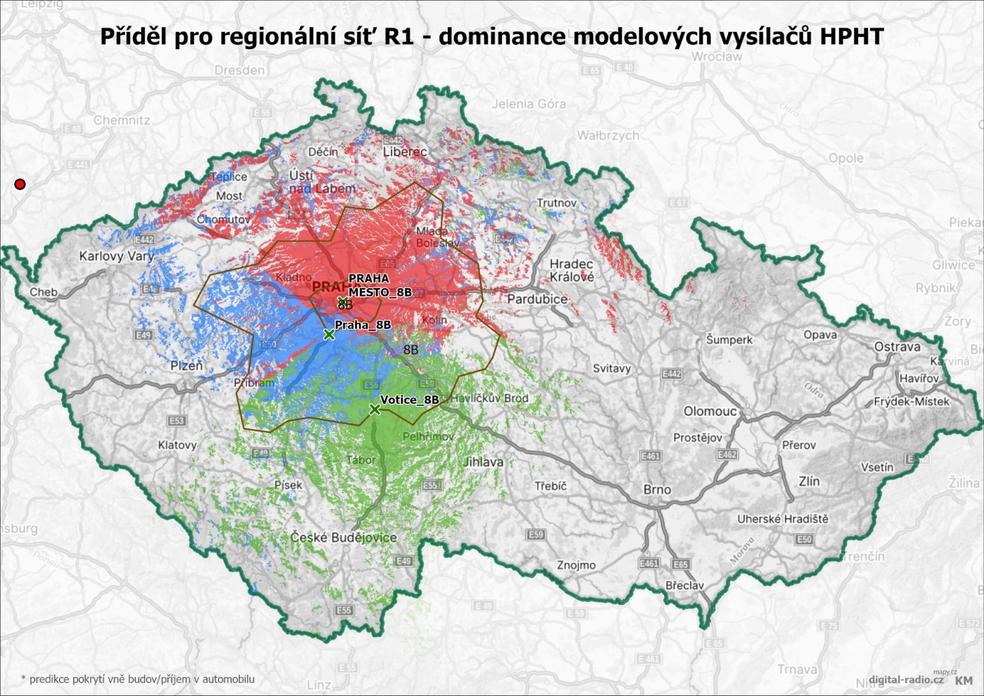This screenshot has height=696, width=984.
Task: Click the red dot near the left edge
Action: point(20,184)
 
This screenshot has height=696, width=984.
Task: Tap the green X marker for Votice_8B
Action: point(375,409)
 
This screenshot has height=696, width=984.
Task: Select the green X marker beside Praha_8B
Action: point(329,334)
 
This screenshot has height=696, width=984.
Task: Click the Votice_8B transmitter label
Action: point(410,400)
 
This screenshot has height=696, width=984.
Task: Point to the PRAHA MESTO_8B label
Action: point(379,285)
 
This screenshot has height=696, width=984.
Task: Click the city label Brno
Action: point(657,489)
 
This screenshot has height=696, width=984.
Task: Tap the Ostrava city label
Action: point(897,347)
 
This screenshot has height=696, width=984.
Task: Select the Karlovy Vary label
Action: point(116,256)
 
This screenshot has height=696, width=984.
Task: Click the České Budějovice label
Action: point(343,537)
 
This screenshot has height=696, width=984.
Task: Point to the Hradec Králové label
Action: point(572,271)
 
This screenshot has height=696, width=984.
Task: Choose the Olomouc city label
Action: point(710,411)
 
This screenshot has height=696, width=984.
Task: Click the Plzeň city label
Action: point(186,366)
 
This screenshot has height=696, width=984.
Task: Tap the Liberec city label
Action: point(405,151)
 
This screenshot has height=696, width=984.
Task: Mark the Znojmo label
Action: point(576,564)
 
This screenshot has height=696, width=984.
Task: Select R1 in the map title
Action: point(399,36)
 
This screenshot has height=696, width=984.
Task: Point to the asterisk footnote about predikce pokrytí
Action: point(138,679)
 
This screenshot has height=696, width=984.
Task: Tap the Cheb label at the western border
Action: point(44,292)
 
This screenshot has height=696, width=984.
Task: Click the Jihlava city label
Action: point(483,462)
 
